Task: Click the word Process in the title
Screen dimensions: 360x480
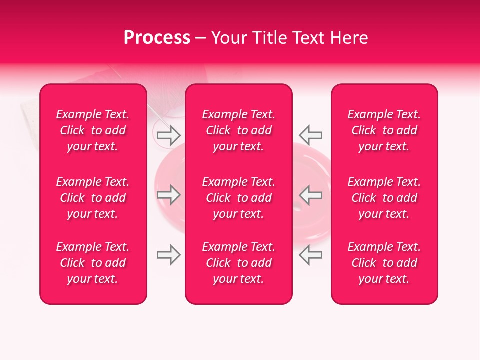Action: point(157,38)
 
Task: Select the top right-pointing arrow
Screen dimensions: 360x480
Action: point(169,135)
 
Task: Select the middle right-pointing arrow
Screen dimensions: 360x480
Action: point(169,195)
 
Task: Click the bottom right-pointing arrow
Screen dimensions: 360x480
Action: point(169,255)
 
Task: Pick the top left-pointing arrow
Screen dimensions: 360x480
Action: point(310,135)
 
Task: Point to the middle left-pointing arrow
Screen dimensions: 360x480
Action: point(310,195)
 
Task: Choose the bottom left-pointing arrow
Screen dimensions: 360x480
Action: point(310,255)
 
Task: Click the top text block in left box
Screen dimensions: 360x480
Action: point(93,130)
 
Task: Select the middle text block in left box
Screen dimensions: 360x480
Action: point(93,198)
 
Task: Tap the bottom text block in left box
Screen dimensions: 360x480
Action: point(93,263)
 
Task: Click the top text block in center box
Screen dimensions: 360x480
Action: point(238,130)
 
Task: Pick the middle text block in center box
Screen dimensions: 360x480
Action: point(238,198)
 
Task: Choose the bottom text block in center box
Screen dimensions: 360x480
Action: point(238,263)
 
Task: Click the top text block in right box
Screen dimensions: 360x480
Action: point(384,130)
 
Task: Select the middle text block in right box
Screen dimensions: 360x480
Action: point(384,198)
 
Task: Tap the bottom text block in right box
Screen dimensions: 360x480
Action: point(384,263)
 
